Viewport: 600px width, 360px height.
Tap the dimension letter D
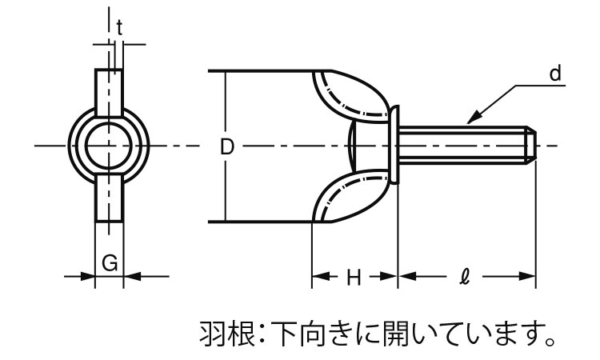pos(226,147)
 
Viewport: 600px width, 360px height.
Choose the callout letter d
pos(555,74)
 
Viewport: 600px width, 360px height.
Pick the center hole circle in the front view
pos(110,146)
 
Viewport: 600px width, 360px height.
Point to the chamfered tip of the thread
pos(529,146)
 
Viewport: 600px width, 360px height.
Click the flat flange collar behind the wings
pos(396,146)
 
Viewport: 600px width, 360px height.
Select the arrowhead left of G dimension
pos(88,277)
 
